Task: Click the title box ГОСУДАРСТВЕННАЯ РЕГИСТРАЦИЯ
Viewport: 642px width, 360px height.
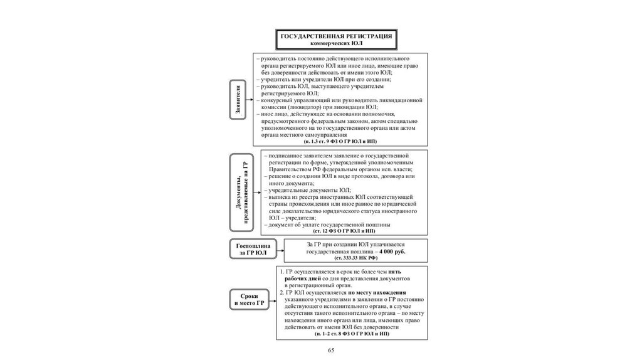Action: (337, 40)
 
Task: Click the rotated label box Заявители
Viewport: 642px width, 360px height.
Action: (239, 99)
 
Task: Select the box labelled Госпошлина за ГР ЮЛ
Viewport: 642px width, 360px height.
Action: (248, 249)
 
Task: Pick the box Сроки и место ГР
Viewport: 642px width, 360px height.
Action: (248, 300)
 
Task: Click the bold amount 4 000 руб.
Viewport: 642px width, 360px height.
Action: (391, 251)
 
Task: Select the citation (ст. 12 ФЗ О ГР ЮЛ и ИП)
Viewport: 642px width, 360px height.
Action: (346, 230)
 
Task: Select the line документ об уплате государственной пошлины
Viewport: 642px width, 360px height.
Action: (329, 224)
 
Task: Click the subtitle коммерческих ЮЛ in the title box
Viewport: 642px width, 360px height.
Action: (337, 45)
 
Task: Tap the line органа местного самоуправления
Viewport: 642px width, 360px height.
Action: (301, 135)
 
